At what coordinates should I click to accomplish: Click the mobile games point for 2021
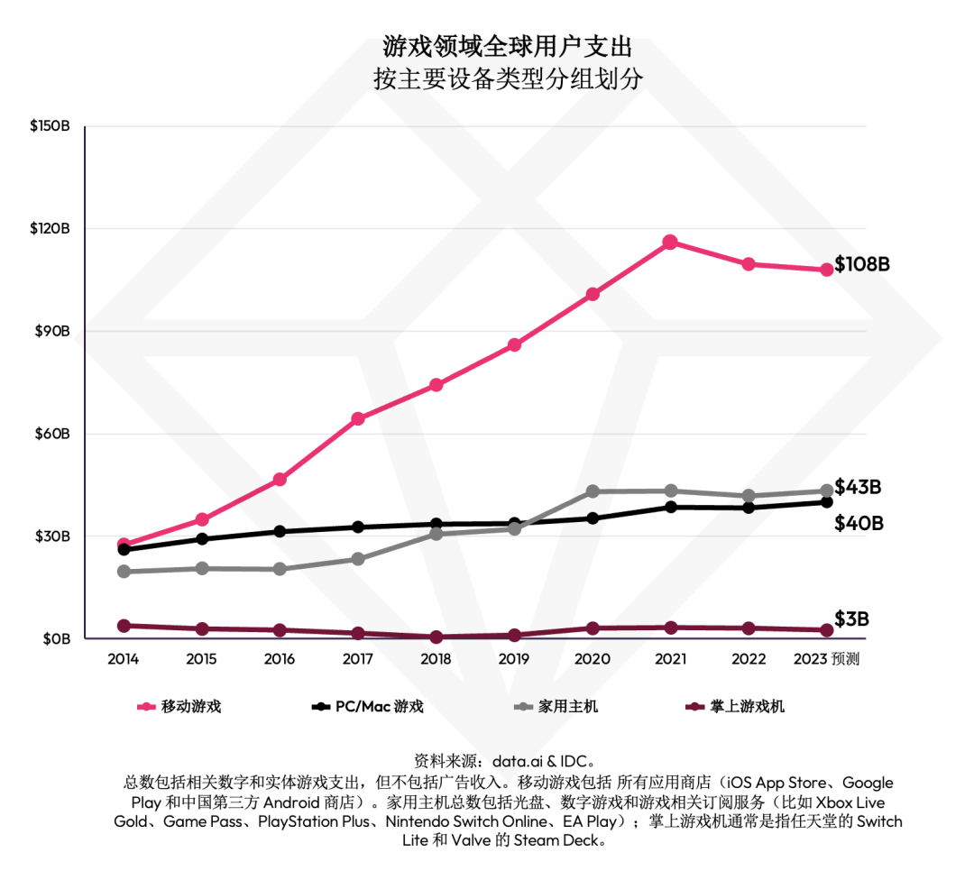pos(670,242)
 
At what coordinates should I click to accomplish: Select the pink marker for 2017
pos(358,418)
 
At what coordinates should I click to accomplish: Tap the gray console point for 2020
pos(593,491)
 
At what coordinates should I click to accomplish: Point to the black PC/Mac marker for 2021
pos(670,507)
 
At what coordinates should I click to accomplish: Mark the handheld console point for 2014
pos(124,625)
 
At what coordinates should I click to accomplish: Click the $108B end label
pos(862,265)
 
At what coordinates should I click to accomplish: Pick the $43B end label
pos(858,487)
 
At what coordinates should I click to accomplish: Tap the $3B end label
pos(851,619)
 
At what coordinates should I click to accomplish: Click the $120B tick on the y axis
pos(51,229)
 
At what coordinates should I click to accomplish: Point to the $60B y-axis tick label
pos(52,434)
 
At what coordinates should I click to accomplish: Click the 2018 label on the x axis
pos(436,659)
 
